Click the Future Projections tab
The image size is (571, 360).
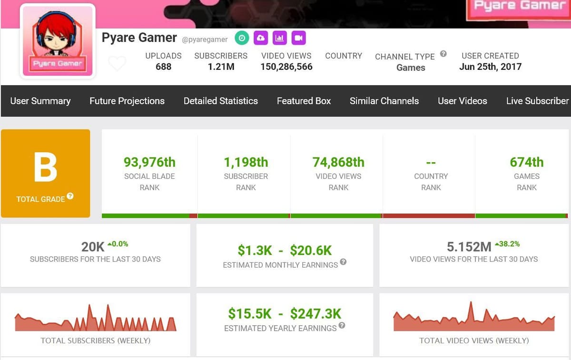coord(127,101)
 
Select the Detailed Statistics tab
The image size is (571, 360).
coord(221,101)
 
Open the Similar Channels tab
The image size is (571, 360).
coord(384,101)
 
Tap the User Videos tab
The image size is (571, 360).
coord(463,101)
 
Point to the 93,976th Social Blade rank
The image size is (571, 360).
coord(149,162)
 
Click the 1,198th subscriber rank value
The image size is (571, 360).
coord(246,162)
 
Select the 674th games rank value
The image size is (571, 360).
coord(526,162)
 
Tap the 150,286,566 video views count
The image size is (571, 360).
coord(286,67)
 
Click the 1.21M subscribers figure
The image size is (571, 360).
coord(221,67)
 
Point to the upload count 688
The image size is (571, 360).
coord(163,67)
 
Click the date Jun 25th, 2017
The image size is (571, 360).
coord(490,67)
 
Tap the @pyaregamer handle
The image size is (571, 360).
coord(205,39)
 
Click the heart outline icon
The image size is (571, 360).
coord(117,63)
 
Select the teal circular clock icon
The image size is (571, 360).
coord(242,38)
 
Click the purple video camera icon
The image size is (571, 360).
coord(298,38)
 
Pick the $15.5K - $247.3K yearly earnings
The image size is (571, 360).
coord(285,314)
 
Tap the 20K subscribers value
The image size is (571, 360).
coord(93,247)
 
